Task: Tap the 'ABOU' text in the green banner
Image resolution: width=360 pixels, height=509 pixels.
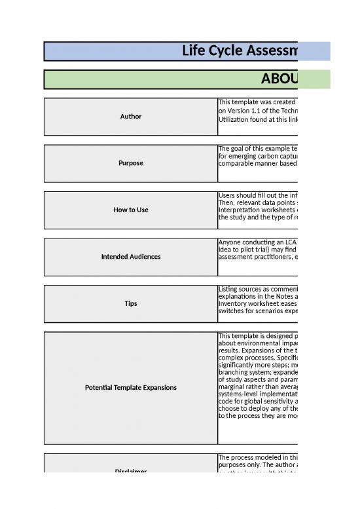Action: coord(279,79)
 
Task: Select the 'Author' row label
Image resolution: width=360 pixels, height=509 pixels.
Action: coord(131,117)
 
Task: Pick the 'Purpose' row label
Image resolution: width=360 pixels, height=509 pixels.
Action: coord(131,163)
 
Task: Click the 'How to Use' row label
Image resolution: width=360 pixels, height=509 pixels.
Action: coord(131,210)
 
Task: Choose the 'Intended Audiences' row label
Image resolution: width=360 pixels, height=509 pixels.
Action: coord(131,257)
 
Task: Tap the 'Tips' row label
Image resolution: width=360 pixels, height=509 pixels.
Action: coord(131,303)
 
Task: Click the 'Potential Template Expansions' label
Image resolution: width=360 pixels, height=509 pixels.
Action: coord(131,388)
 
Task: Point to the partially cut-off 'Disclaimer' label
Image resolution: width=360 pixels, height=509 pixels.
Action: coord(131,471)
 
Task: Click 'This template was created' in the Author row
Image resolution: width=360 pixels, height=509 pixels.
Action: coord(258,102)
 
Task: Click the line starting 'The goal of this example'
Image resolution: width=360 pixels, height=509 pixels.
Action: coord(258,149)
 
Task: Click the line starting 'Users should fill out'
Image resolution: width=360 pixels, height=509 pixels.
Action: coord(258,195)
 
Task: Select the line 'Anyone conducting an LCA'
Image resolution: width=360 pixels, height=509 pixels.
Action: coord(258,242)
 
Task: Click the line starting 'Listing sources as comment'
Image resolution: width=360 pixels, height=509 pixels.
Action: coord(258,289)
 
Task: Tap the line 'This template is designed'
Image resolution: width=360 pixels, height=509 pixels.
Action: coord(258,336)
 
